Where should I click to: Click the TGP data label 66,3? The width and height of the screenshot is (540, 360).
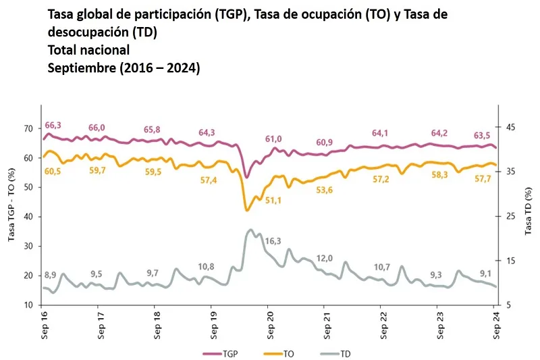pyautogui.click(x=53, y=126)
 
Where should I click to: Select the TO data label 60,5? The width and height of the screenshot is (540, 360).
pyautogui.click(x=53, y=172)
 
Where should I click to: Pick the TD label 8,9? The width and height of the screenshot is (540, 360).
pyautogui.click(x=51, y=274)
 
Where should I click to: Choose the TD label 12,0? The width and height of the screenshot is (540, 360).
pyautogui.click(x=325, y=259)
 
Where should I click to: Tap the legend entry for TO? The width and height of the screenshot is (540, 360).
pyautogui.click(x=283, y=353)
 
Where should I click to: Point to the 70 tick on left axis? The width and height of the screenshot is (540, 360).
pyautogui.click(x=28, y=128)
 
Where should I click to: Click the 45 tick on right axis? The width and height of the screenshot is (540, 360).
pyautogui.click(x=510, y=128)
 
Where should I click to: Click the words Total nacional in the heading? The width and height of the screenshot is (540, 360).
pyautogui.click(x=88, y=50)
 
